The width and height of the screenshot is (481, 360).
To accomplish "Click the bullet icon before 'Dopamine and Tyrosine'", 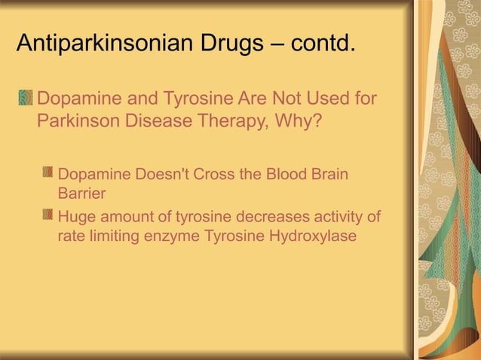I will tap(26, 99).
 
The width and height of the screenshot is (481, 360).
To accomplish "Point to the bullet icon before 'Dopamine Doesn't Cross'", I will tap(48, 175).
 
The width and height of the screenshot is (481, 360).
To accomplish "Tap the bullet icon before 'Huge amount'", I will tap(48, 218).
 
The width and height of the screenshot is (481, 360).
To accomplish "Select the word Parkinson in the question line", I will tap(75, 121).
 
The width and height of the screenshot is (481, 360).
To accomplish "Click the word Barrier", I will tap(81, 193).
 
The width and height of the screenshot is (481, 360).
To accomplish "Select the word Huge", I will tap(76, 218).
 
